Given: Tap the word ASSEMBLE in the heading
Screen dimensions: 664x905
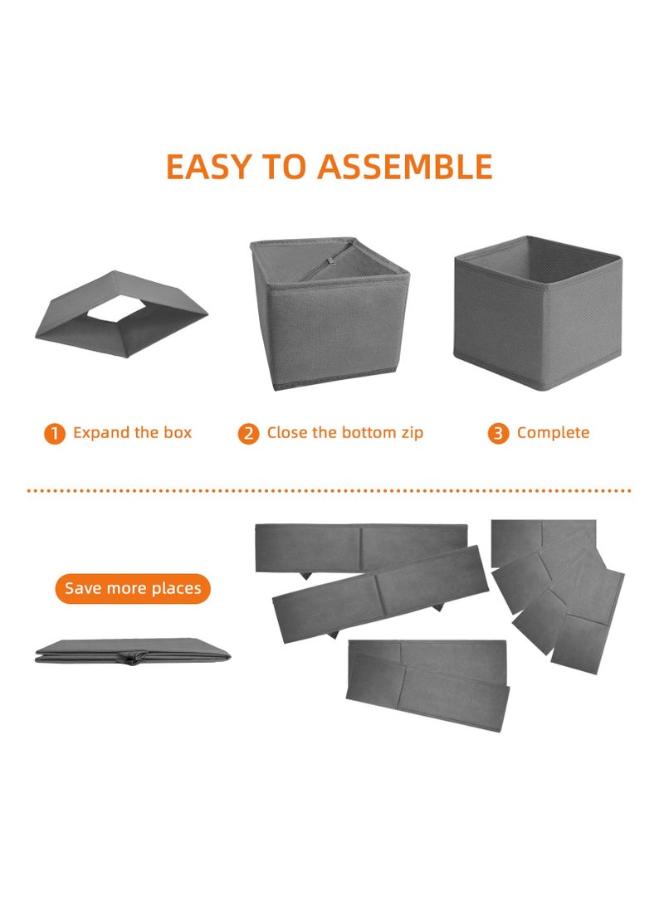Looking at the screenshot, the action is [x=405, y=167].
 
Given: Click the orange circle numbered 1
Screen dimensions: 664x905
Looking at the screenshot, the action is [x=55, y=434].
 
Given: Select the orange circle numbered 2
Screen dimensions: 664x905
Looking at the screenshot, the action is [x=248, y=434].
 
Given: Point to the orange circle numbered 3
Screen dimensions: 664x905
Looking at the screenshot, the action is [x=498, y=434].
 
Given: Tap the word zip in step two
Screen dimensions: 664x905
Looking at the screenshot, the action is [x=413, y=433].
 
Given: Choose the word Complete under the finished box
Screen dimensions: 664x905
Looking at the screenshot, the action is [x=553, y=433].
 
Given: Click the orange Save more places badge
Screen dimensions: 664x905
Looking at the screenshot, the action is [x=133, y=588].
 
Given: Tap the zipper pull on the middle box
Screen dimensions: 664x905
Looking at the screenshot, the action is [x=330, y=263].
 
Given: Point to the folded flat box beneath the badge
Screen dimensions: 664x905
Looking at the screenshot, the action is [x=133, y=651].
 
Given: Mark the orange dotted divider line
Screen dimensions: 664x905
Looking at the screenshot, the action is [x=330, y=490].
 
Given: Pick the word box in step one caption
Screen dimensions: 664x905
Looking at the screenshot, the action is [x=178, y=433].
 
